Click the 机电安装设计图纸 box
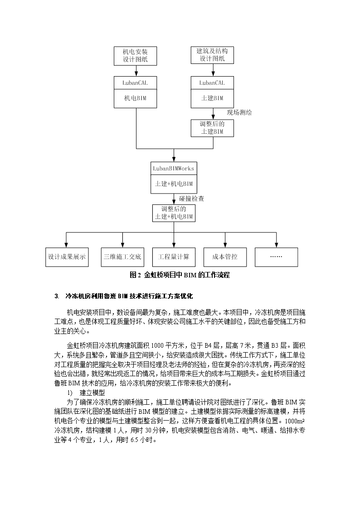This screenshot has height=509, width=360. click(136, 55)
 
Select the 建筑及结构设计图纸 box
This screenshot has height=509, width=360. click(212, 55)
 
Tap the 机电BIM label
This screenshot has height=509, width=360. click(136, 98)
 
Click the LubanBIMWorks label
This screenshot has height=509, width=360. click(174, 169)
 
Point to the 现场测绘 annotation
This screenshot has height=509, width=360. click(239, 113)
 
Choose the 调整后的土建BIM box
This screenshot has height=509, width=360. click(212, 128)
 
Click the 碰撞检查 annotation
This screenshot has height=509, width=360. click(191, 199)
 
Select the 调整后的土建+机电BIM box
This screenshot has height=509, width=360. click(174, 213)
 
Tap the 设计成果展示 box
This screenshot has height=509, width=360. click(67, 257)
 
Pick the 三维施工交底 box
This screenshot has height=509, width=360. click(122, 257)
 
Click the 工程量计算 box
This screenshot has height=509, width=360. click(174, 257)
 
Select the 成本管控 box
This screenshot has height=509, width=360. click(225, 257)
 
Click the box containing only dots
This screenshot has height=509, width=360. click(276, 257)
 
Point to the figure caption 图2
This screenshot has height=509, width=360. click(135, 275)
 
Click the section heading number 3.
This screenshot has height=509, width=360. click(57, 296)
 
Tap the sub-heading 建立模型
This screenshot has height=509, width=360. click(92, 393)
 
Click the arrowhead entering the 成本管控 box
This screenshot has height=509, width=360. click(225, 245)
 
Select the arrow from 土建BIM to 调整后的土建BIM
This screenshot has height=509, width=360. click(213, 114)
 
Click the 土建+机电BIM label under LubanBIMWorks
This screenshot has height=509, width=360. click(174, 184)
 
